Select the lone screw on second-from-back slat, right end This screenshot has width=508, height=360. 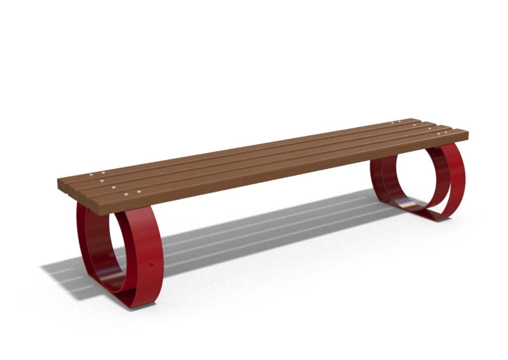click(x=413, y=124)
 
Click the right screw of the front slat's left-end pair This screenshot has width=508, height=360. click(x=138, y=192)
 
